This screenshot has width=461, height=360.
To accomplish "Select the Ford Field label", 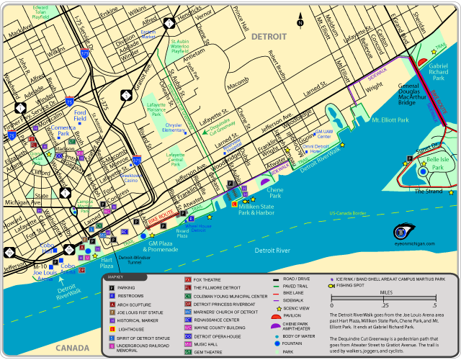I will (80, 117).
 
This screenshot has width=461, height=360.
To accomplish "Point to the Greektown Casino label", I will (130, 177).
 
